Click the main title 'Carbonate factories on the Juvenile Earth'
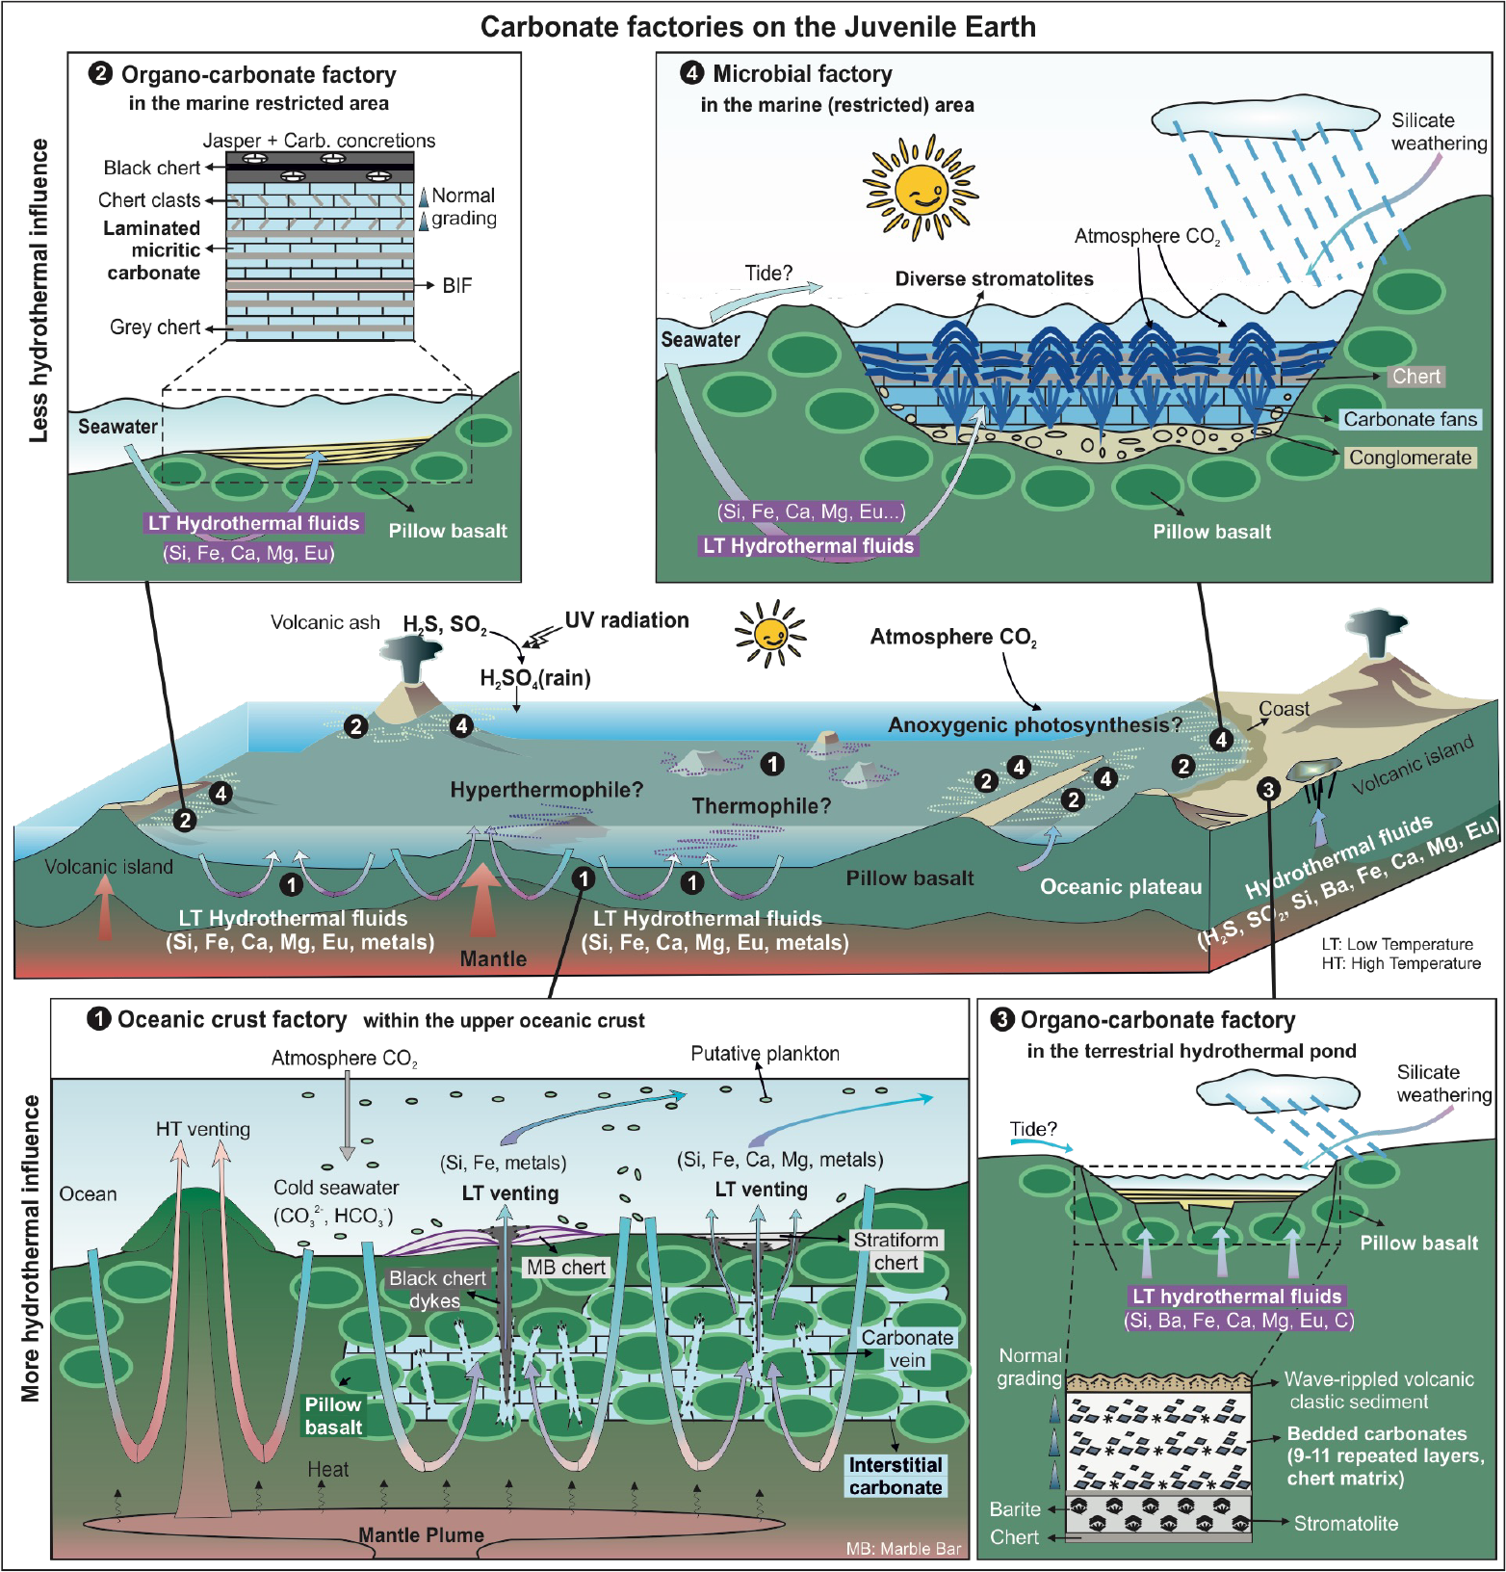[758, 27]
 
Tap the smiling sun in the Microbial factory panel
[920, 188]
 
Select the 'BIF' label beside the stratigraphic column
[456, 285]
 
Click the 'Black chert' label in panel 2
[151, 168]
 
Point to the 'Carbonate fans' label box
[1410, 419]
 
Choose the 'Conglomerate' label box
[1410, 458]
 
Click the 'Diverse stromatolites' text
[994, 279]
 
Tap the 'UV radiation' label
[627, 620]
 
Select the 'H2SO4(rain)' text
[535, 678]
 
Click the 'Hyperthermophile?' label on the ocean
[546, 790]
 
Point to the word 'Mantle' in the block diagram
[493, 958]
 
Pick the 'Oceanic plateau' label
[1121, 887]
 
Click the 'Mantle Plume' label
[421, 1534]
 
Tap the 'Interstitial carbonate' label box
[896, 1476]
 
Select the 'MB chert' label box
[566, 1268]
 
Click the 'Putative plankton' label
[765, 1054]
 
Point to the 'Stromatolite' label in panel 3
[1345, 1523]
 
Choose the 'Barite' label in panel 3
[1015, 1508]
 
